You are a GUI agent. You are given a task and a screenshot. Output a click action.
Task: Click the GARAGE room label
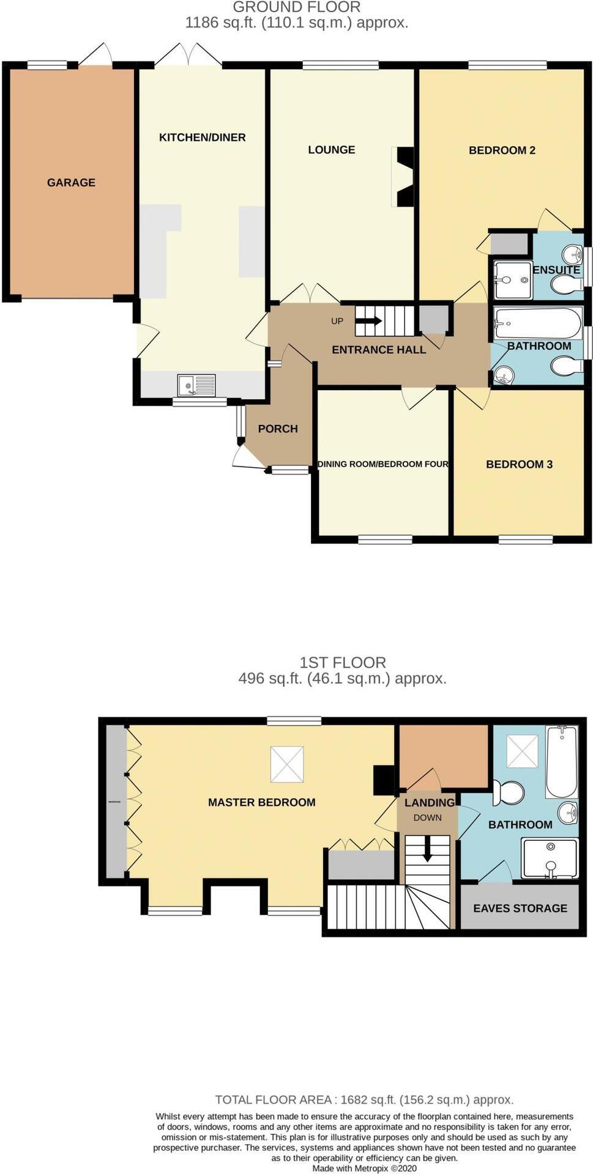coord(71,182)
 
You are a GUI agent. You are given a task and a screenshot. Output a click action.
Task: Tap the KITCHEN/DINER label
coord(202,138)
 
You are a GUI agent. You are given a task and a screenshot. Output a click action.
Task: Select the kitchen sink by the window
coord(196,385)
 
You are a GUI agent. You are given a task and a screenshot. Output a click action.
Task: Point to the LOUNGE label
coord(331,150)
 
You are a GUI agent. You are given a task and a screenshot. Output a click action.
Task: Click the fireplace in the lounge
coord(404,177)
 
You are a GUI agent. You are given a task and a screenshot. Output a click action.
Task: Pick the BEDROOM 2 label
coord(502,150)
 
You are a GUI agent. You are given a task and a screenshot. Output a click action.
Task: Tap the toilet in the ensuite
coord(567,284)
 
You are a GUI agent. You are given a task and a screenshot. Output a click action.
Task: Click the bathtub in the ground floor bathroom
coord(538,322)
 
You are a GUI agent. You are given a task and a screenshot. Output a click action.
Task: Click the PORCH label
coord(278,429)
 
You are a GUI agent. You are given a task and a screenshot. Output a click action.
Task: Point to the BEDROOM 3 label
coord(519,464)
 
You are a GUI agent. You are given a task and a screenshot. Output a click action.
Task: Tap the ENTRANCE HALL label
coord(379,350)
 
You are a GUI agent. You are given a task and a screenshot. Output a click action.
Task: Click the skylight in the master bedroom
coord(286,764)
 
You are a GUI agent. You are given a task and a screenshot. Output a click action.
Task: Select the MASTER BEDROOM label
coord(261,802)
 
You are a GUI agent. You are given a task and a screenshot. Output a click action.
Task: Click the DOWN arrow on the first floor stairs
coord(428,851)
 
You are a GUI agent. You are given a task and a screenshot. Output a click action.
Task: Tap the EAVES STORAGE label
coord(520,908)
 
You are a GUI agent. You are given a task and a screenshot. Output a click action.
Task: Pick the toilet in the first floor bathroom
coord(509,793)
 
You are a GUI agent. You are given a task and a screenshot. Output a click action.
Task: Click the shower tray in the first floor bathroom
coord(550,858)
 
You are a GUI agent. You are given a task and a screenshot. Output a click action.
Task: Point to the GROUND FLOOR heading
coord(297,7)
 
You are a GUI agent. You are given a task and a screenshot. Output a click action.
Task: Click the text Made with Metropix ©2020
coord(364,1168)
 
